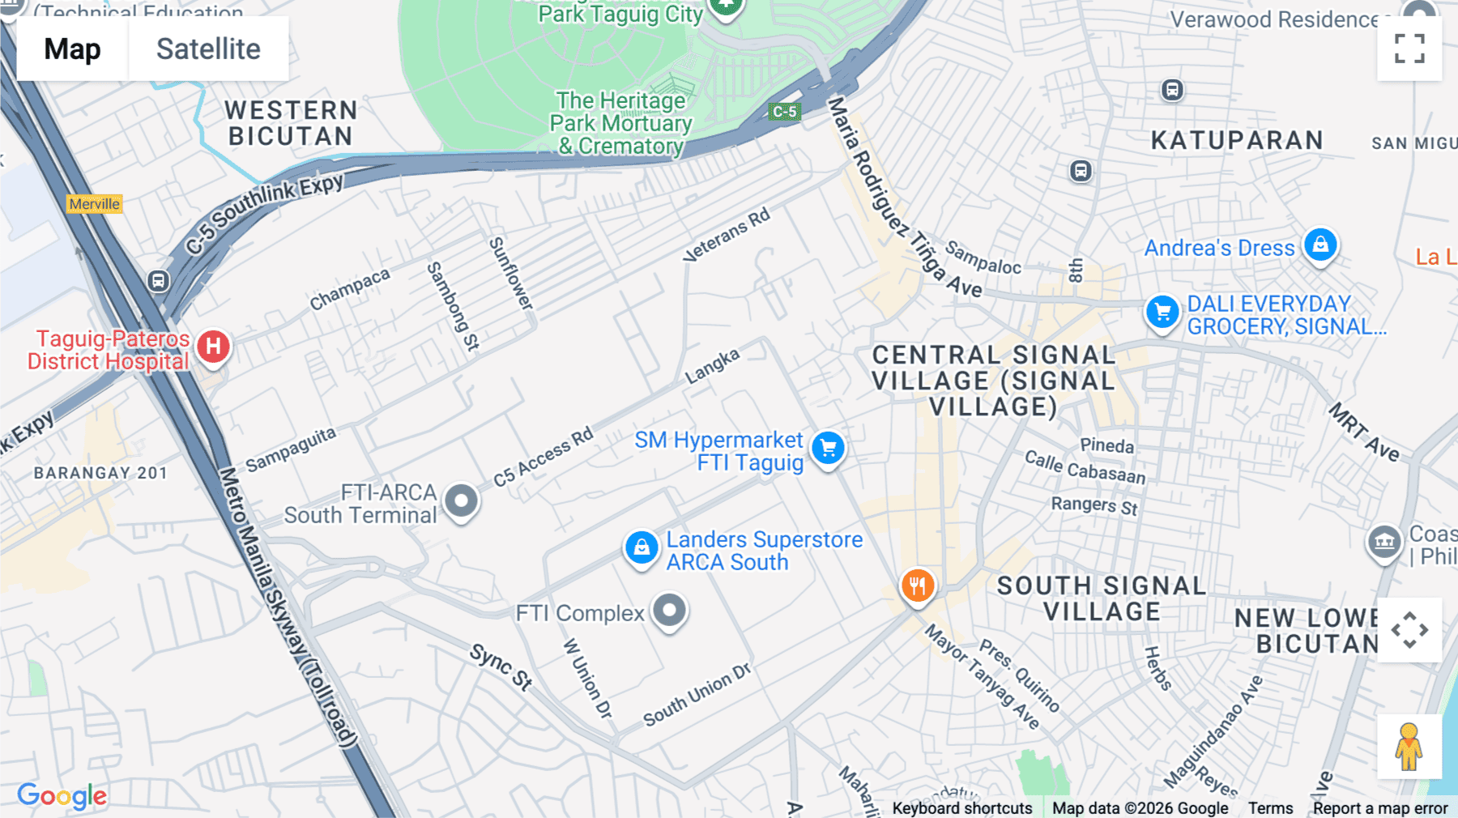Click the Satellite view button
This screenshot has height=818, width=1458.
coord(208,49)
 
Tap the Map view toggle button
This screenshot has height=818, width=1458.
coord(72,49)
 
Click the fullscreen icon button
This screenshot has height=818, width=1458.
coord(1409,49)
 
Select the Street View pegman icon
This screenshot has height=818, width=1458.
coord(1409,747)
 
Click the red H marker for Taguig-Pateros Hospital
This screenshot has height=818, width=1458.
coord(213,347)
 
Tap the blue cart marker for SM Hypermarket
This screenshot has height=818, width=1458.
coord(828,448)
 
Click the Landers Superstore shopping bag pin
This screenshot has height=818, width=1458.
coord(641,548)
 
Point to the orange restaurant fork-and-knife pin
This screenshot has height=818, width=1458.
coord(918,585)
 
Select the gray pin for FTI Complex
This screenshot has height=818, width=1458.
coord(669,610)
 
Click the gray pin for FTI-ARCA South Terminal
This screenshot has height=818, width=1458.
coord(462,501)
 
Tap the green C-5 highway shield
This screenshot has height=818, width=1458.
coord(784,112)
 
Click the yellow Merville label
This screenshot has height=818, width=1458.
coord(94,204)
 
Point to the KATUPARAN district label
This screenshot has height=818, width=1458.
coord(1237,140)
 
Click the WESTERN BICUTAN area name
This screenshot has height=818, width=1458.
coord(291,123)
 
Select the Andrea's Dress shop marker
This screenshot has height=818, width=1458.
coord(1320,245)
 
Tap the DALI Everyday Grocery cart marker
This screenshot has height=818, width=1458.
coord(1162,312)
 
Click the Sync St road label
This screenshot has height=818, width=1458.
coord(501,667)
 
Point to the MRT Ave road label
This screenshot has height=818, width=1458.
coord(1364,433)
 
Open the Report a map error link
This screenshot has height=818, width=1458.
coord(1379,808)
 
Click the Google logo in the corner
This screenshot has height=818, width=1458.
coord(62,796)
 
